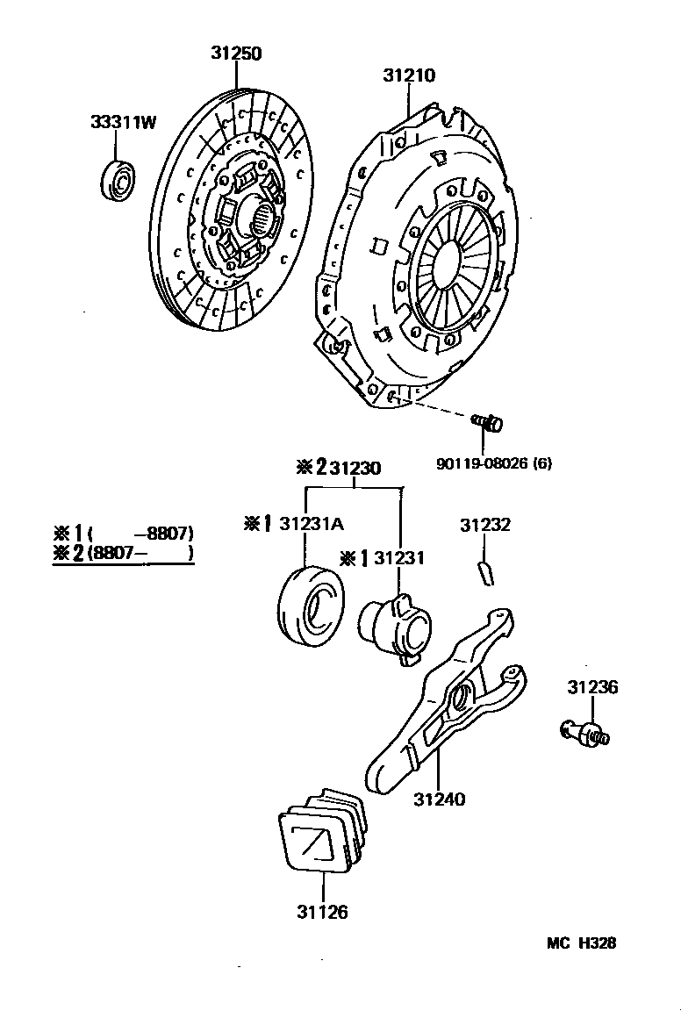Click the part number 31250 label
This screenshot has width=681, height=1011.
[x=235, y=54]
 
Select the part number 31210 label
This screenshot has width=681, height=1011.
[x=408, y=75]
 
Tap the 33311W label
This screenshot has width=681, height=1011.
[x=123, y=122]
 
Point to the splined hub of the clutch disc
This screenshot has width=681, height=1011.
[x=261, y=216]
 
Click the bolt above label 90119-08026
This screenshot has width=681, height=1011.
[x=489, y=423]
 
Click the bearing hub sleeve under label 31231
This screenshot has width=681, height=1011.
[x=394, y=628]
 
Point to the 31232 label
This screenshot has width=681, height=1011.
[x=485, y=525]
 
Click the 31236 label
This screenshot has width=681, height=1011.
[x=591, y=687]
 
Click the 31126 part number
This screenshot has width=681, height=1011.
[x=322, y=912]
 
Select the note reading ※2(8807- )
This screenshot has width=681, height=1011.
[x=123, y=552]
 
